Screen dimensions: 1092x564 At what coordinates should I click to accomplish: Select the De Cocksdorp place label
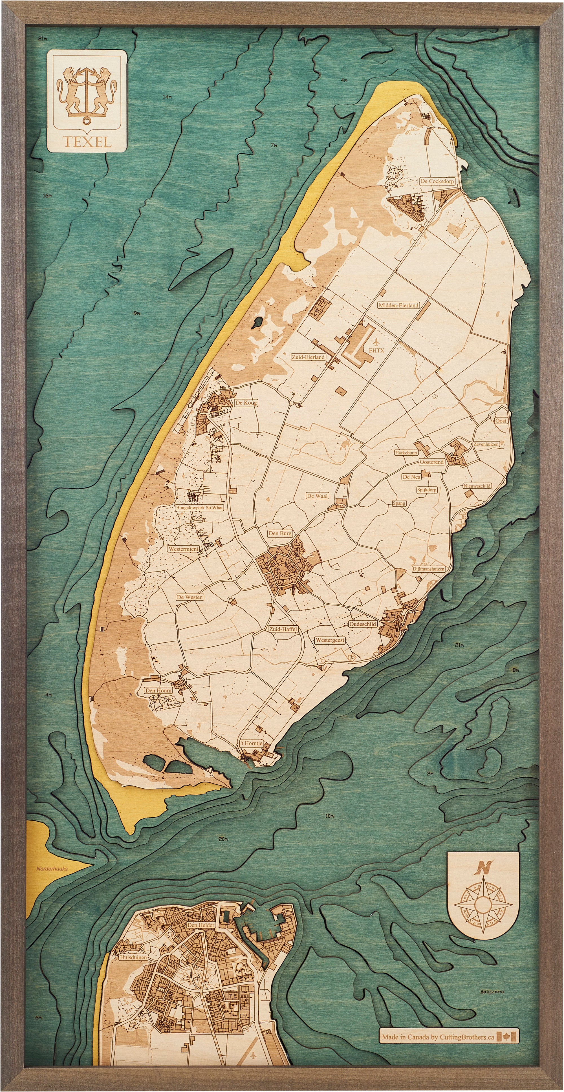click(x=437, y=181)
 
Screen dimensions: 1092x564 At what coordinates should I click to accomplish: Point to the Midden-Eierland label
click(x=398, y=305)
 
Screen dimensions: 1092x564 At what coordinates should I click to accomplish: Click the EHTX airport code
click(x=376, y=350)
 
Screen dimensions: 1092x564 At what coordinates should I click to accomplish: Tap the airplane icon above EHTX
click(x=376, y=342)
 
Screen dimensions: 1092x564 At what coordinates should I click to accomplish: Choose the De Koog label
click(x=246, y=403)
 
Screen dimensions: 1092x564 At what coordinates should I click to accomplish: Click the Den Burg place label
click(x=279, y=533)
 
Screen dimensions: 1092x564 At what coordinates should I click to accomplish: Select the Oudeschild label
click(x=363, y=624)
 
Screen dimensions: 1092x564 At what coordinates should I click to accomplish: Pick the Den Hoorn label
click(x=158, y=690)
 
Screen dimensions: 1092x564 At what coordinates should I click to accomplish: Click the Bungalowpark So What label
click(x=199, y=507)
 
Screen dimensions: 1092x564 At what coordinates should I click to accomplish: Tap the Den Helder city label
click(x=201, y=925)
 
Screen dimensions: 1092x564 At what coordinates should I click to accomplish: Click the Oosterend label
click(x=432, y=462)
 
